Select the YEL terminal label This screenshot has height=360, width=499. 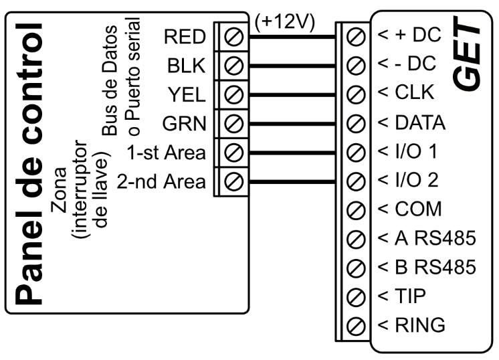(x=186, y=94)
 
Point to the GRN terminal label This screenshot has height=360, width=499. (x=185, y=123)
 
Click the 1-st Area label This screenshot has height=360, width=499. (x=168, y=151)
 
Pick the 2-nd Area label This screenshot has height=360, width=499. (x=163, y=181)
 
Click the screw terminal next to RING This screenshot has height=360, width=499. (x=357, y=325)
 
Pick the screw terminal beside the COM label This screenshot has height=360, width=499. (x=357, y=209)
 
